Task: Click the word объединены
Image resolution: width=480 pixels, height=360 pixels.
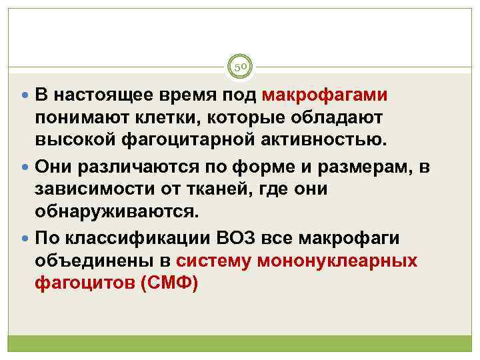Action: [93, 261]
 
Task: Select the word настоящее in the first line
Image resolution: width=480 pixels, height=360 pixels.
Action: [108, 95]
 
